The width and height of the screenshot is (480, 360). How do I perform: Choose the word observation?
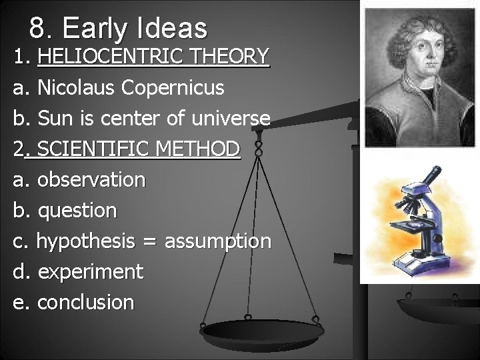pyautogui.click(x=91, y=179)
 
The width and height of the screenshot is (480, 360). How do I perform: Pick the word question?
pyautogui.click(x=77, y=210)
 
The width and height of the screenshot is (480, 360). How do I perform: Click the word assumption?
pyautogui.click(x=218, y=241)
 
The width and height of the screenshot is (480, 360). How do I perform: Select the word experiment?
pyautogui.click(x=91, y=271)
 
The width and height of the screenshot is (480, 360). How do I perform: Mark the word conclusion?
pyautogui.click(x=86, y=302)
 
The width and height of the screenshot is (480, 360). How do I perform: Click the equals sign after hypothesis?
pyautogui.click(x=149, y=241)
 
